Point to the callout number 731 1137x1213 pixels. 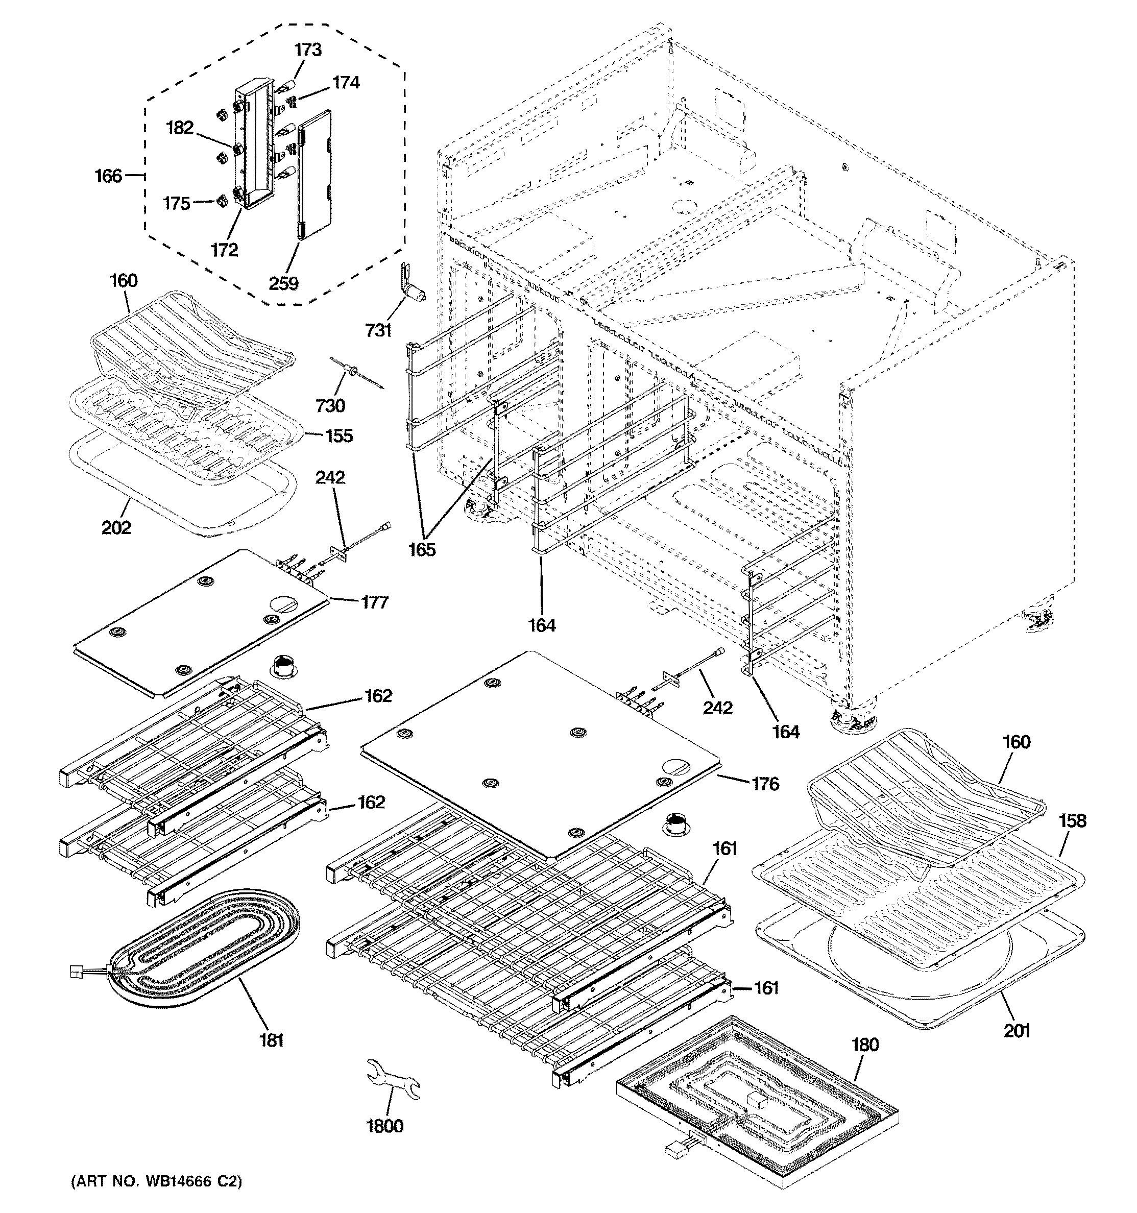point(378,330)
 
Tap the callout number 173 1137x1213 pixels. point(308,50)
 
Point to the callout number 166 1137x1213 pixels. point(108,176)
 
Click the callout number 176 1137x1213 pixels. point(765,784)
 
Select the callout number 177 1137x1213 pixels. point(374,602)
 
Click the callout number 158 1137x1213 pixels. point(1072,821)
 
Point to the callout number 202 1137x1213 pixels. point(116,527)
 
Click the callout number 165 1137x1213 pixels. point(422,549)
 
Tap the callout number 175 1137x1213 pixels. point(176,203)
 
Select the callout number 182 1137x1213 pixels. point(179,128)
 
